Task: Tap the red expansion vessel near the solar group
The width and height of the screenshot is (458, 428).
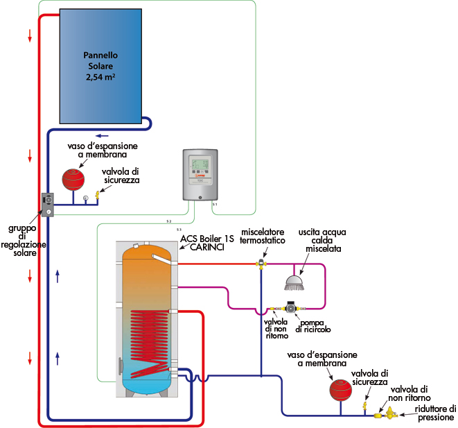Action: pyautogui.click(x=73, y=178)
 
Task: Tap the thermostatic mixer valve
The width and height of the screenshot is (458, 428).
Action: pyautogui.click(x=262, y=263)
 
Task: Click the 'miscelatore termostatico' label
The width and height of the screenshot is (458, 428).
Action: pyautogui.click(x=263, y=235)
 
